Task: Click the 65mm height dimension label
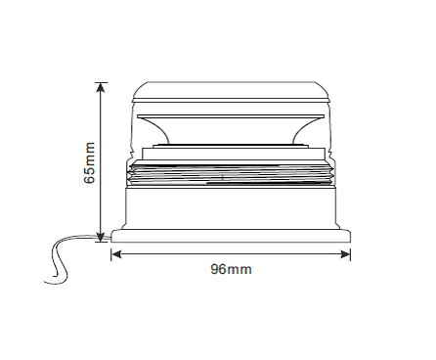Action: click(90, 162)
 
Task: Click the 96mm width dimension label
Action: click(231, 270)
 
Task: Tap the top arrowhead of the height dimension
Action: click(101, 87)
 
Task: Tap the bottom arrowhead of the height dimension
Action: click(101, 237)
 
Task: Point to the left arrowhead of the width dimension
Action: click(116, 254)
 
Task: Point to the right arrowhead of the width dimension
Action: click(345, 254)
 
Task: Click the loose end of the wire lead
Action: click(45, 280)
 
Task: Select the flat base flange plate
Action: click(231, 236)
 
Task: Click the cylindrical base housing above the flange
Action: click(231, 207)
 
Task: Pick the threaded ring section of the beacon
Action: click(231, 174)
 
